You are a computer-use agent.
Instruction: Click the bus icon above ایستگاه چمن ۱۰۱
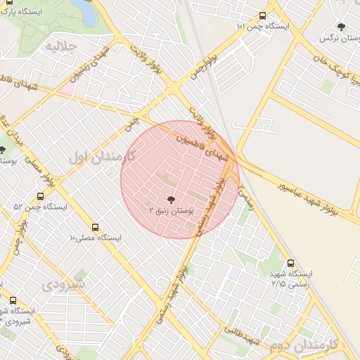[262, 15]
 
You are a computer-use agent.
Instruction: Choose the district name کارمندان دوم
[304, 344]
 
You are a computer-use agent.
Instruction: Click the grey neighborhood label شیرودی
[63, 285]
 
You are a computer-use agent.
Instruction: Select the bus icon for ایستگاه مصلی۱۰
[95, 227]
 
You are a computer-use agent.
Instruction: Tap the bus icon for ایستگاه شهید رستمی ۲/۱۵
[291, 262]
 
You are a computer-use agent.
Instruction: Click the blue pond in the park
[85, 10]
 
